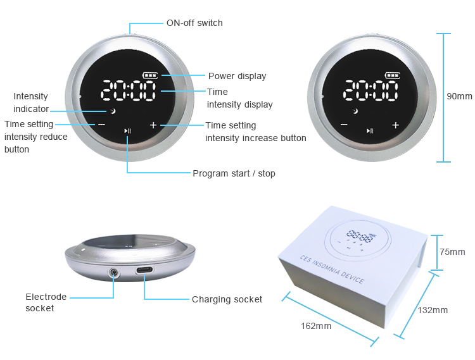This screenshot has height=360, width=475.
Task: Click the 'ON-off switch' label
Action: (194, 23)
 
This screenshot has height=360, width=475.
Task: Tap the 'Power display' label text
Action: (237, 76)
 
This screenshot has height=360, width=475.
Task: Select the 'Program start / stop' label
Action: (234, 173)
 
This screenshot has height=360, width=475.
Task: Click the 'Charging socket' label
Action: (227, 299)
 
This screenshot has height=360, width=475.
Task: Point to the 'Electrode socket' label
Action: (46, 302)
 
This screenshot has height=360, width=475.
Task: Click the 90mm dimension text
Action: (459, 96)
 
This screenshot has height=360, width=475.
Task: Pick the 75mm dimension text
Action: (452, 252)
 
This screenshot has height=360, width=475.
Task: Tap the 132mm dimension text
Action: (433, 310)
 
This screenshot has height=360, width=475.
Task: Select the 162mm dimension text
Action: (316, 326)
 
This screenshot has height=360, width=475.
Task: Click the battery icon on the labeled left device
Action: (150, 75)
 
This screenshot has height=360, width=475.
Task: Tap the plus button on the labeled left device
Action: (153, 125)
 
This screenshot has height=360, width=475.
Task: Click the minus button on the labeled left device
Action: (101, 125)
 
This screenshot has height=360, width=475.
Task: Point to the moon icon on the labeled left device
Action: (113, 111)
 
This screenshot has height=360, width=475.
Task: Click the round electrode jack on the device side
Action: (114, 272)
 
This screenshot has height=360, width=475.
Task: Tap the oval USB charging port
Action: (144, 270)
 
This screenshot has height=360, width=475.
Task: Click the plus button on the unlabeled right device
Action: (395, 125)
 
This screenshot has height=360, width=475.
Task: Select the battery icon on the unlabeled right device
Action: (393, 75)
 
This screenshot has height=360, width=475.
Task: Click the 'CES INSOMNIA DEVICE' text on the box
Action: (332, 270)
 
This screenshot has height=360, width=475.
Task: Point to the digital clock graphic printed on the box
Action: (360, 236)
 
